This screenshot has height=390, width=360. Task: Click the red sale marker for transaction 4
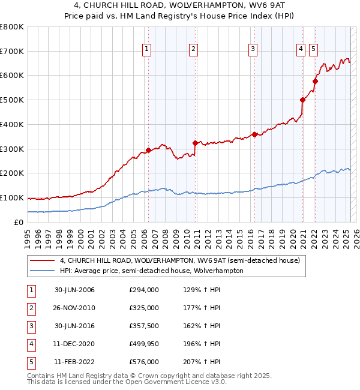pyautogui.click(x=302, y=100)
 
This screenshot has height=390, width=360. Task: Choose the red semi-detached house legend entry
pyautogui.click(x=175, y=260)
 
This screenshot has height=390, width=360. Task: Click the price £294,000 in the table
pyautogui.click(x=144, y=290)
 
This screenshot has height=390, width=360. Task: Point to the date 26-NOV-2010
pyautogui.click(x=74, y=308)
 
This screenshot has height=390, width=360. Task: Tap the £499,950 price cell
pyautogui.click(x=144, y=344)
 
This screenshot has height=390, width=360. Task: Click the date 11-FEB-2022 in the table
pyautogui.click(x=74, y=362)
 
